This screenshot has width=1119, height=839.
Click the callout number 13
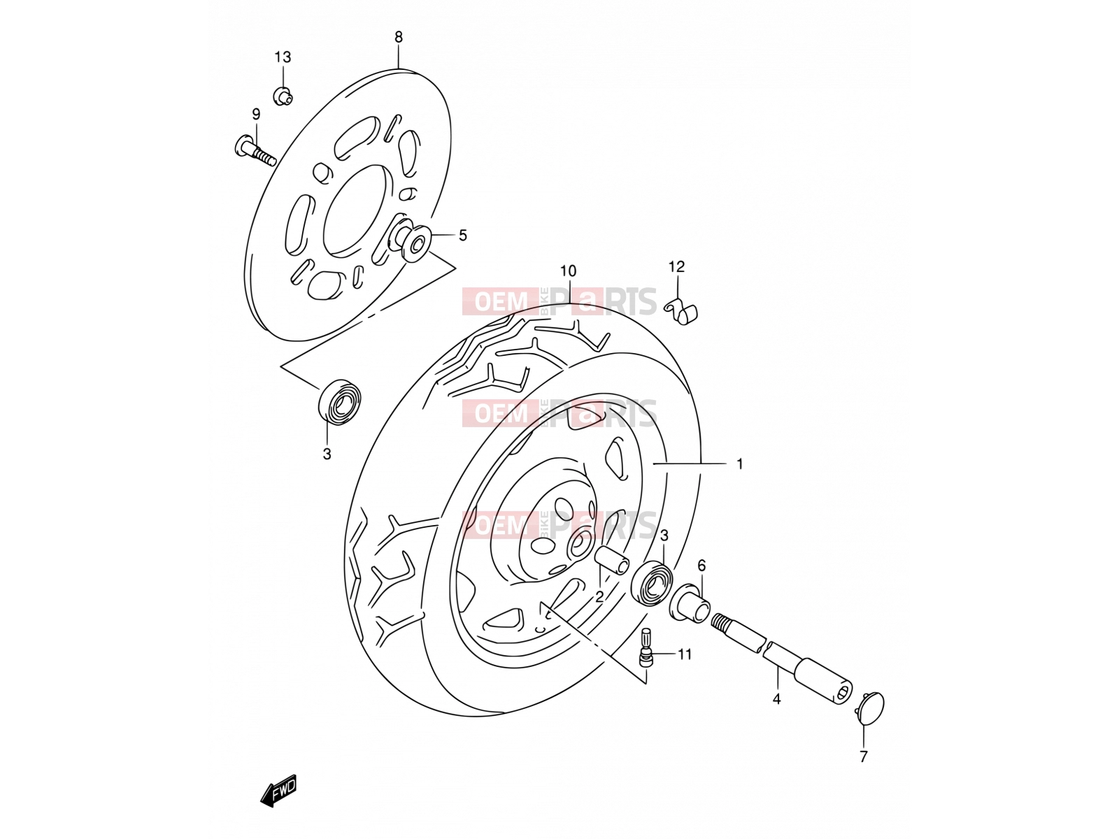[283, 57]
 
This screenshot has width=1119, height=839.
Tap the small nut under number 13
[283, 96]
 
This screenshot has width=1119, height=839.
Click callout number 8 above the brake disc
[398, 36]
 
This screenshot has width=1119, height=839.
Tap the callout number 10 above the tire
[568, 271]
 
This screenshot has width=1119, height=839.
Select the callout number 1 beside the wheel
[739, 464]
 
